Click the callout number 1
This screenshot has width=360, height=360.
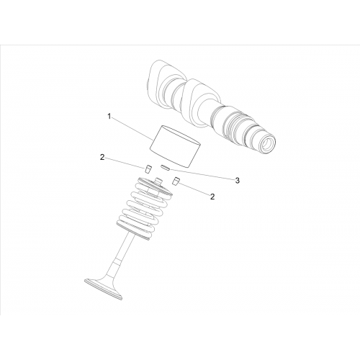tap(109, 117)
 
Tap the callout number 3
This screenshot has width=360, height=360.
tap(237, 181)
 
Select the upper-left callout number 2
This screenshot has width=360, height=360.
tap(102, 158)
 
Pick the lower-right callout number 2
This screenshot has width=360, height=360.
tap(212, 197)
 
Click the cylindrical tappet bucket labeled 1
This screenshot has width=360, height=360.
tap(175, 145)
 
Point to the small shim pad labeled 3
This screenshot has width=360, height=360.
tap(166, 167)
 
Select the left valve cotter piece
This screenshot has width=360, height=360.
tap(148, 169)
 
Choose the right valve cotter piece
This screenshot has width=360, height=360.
tap(176, 181)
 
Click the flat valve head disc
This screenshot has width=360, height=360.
tap(104, 289)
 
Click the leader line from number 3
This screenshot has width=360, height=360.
tap(202, 174)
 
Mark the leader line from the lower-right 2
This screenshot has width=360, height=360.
tap(194, 188)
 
